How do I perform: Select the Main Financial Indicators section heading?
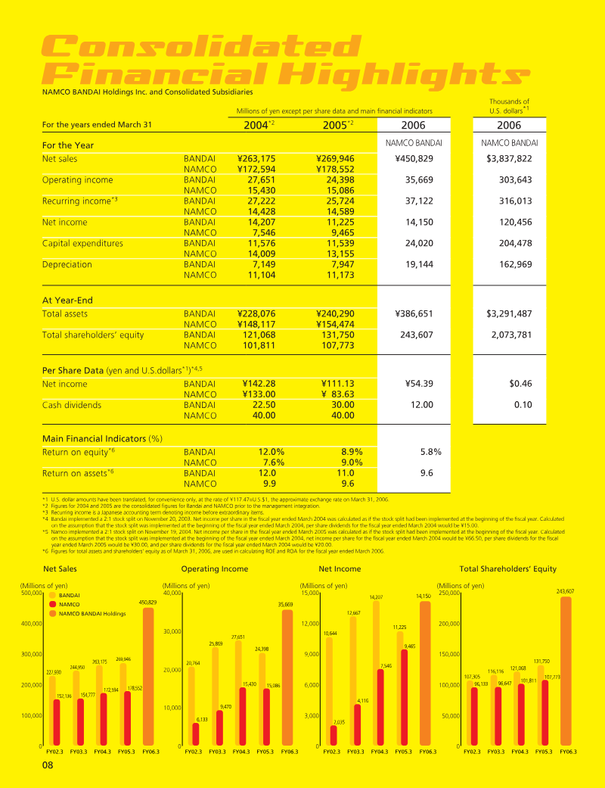tap(103, 438)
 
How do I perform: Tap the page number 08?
tap(48, 765)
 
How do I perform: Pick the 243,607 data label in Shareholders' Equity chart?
tap(565, 591)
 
